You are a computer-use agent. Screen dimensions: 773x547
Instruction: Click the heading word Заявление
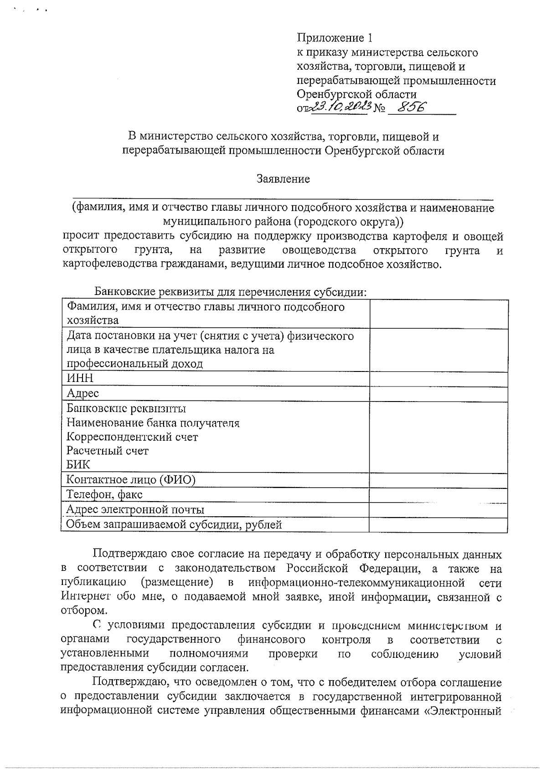283,179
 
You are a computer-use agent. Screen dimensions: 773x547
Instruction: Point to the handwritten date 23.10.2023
340,107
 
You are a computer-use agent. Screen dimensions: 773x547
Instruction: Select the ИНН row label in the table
80,379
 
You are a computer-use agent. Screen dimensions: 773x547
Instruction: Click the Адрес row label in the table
83,393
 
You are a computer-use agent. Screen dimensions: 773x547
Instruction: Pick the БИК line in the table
78,465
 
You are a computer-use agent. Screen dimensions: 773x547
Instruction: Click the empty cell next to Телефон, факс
438,495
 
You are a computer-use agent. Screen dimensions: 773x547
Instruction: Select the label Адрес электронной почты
135,510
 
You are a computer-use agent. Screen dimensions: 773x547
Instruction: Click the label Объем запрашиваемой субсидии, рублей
174,525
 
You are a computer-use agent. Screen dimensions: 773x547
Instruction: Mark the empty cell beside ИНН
438,379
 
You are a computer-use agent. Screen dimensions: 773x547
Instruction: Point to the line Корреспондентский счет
133,437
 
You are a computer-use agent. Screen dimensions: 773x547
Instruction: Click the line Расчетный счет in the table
108,451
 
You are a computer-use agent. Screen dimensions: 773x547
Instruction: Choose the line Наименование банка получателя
153,423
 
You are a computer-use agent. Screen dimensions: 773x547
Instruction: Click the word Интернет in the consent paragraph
84,597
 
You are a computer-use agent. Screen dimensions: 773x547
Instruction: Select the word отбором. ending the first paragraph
84,611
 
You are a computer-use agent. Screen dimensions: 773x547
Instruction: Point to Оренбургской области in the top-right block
356,95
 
